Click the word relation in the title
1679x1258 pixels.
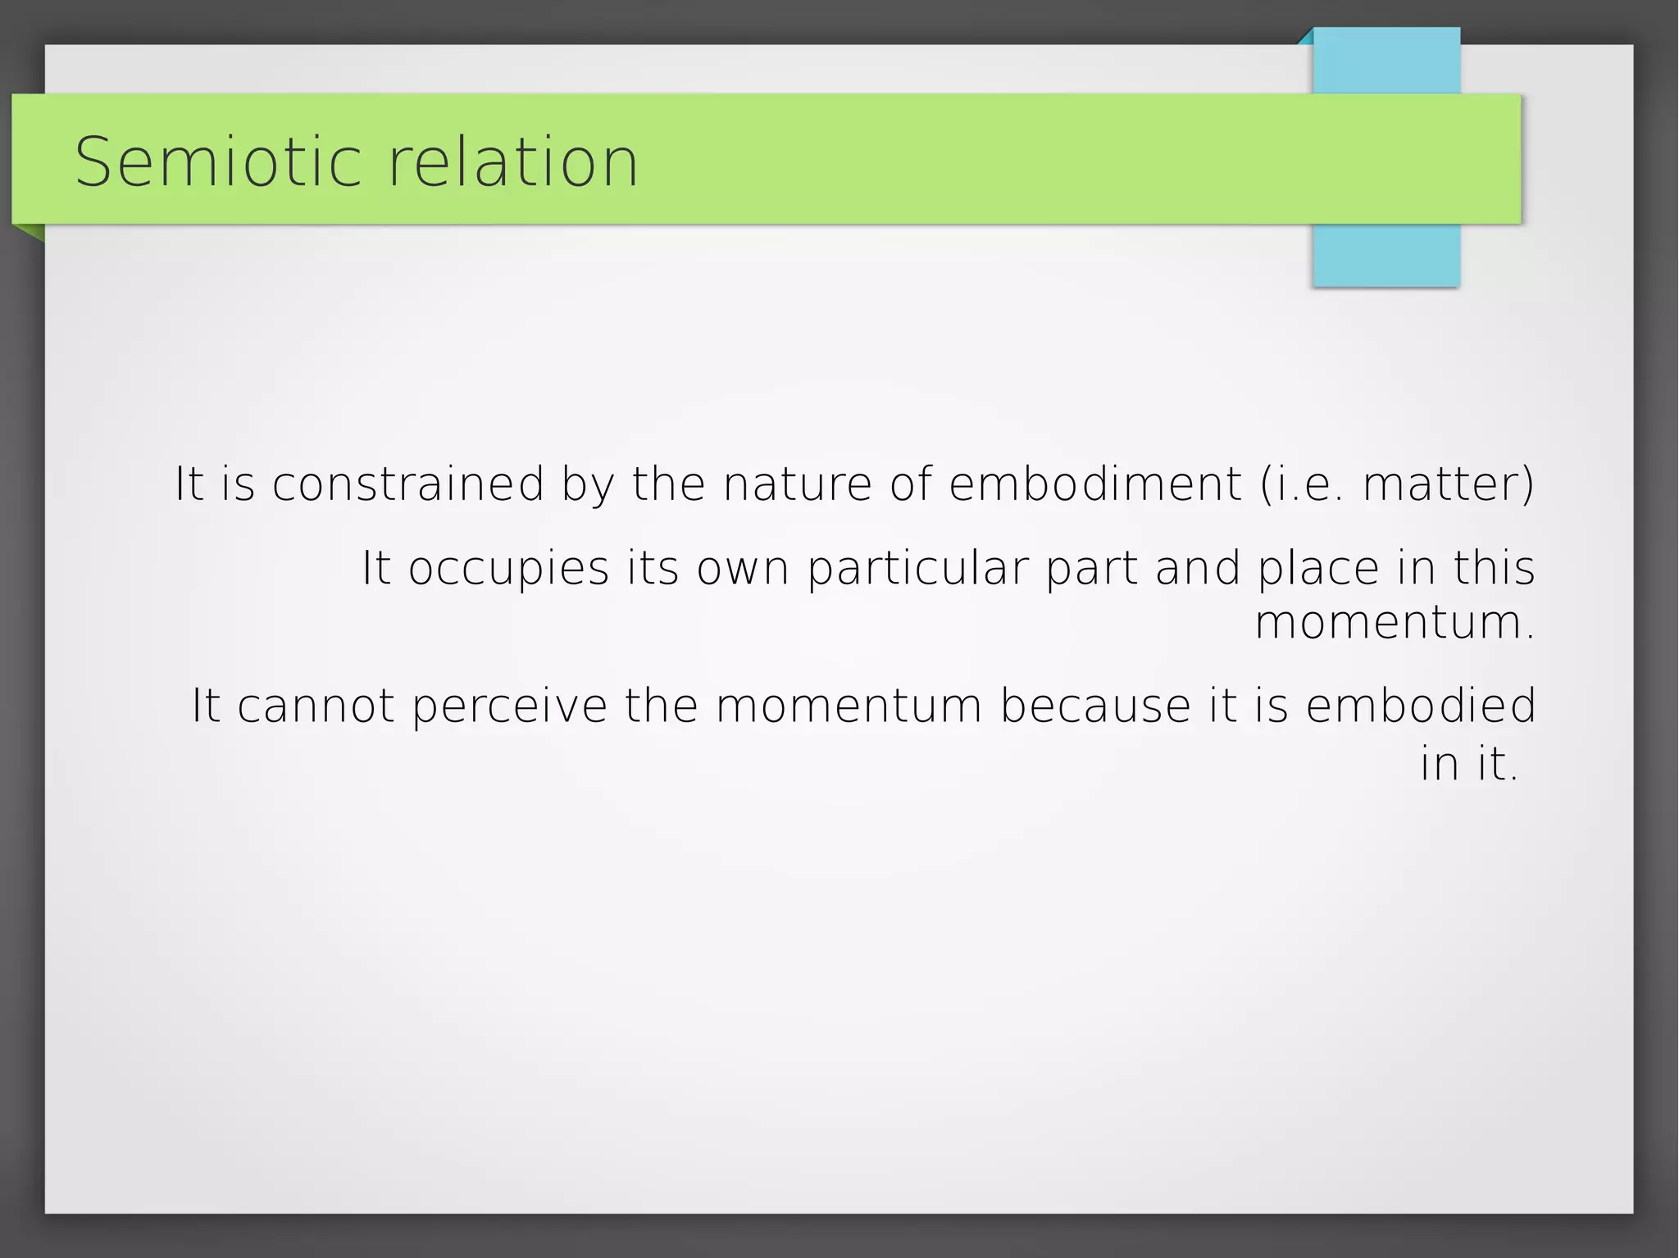point(512,162)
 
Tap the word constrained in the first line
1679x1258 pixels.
point(407,484)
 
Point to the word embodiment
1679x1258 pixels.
point(1095,484)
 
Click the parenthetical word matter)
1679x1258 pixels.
point(1448,484)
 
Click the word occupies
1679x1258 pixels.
point(508,568)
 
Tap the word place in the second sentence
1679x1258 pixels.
point(1318,568)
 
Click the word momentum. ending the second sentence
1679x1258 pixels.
point(1394,623)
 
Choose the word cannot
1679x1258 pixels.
point(316,706)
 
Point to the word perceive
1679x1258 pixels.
point(509,706)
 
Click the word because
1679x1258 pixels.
point(1095,706)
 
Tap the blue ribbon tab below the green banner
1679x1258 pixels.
point(1386,256)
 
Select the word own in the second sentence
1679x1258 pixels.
point(743,568)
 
